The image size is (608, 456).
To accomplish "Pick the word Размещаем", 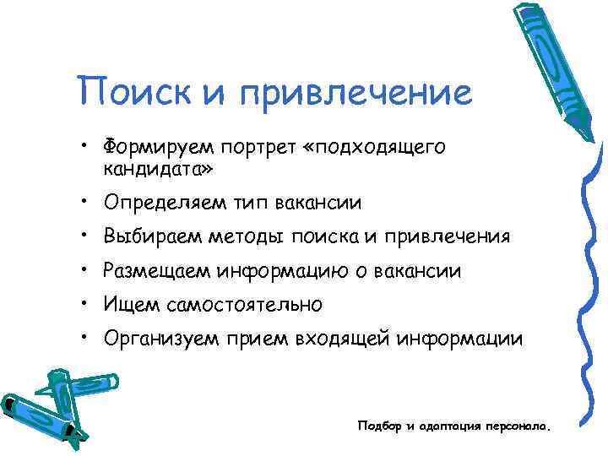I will coord(156,271).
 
